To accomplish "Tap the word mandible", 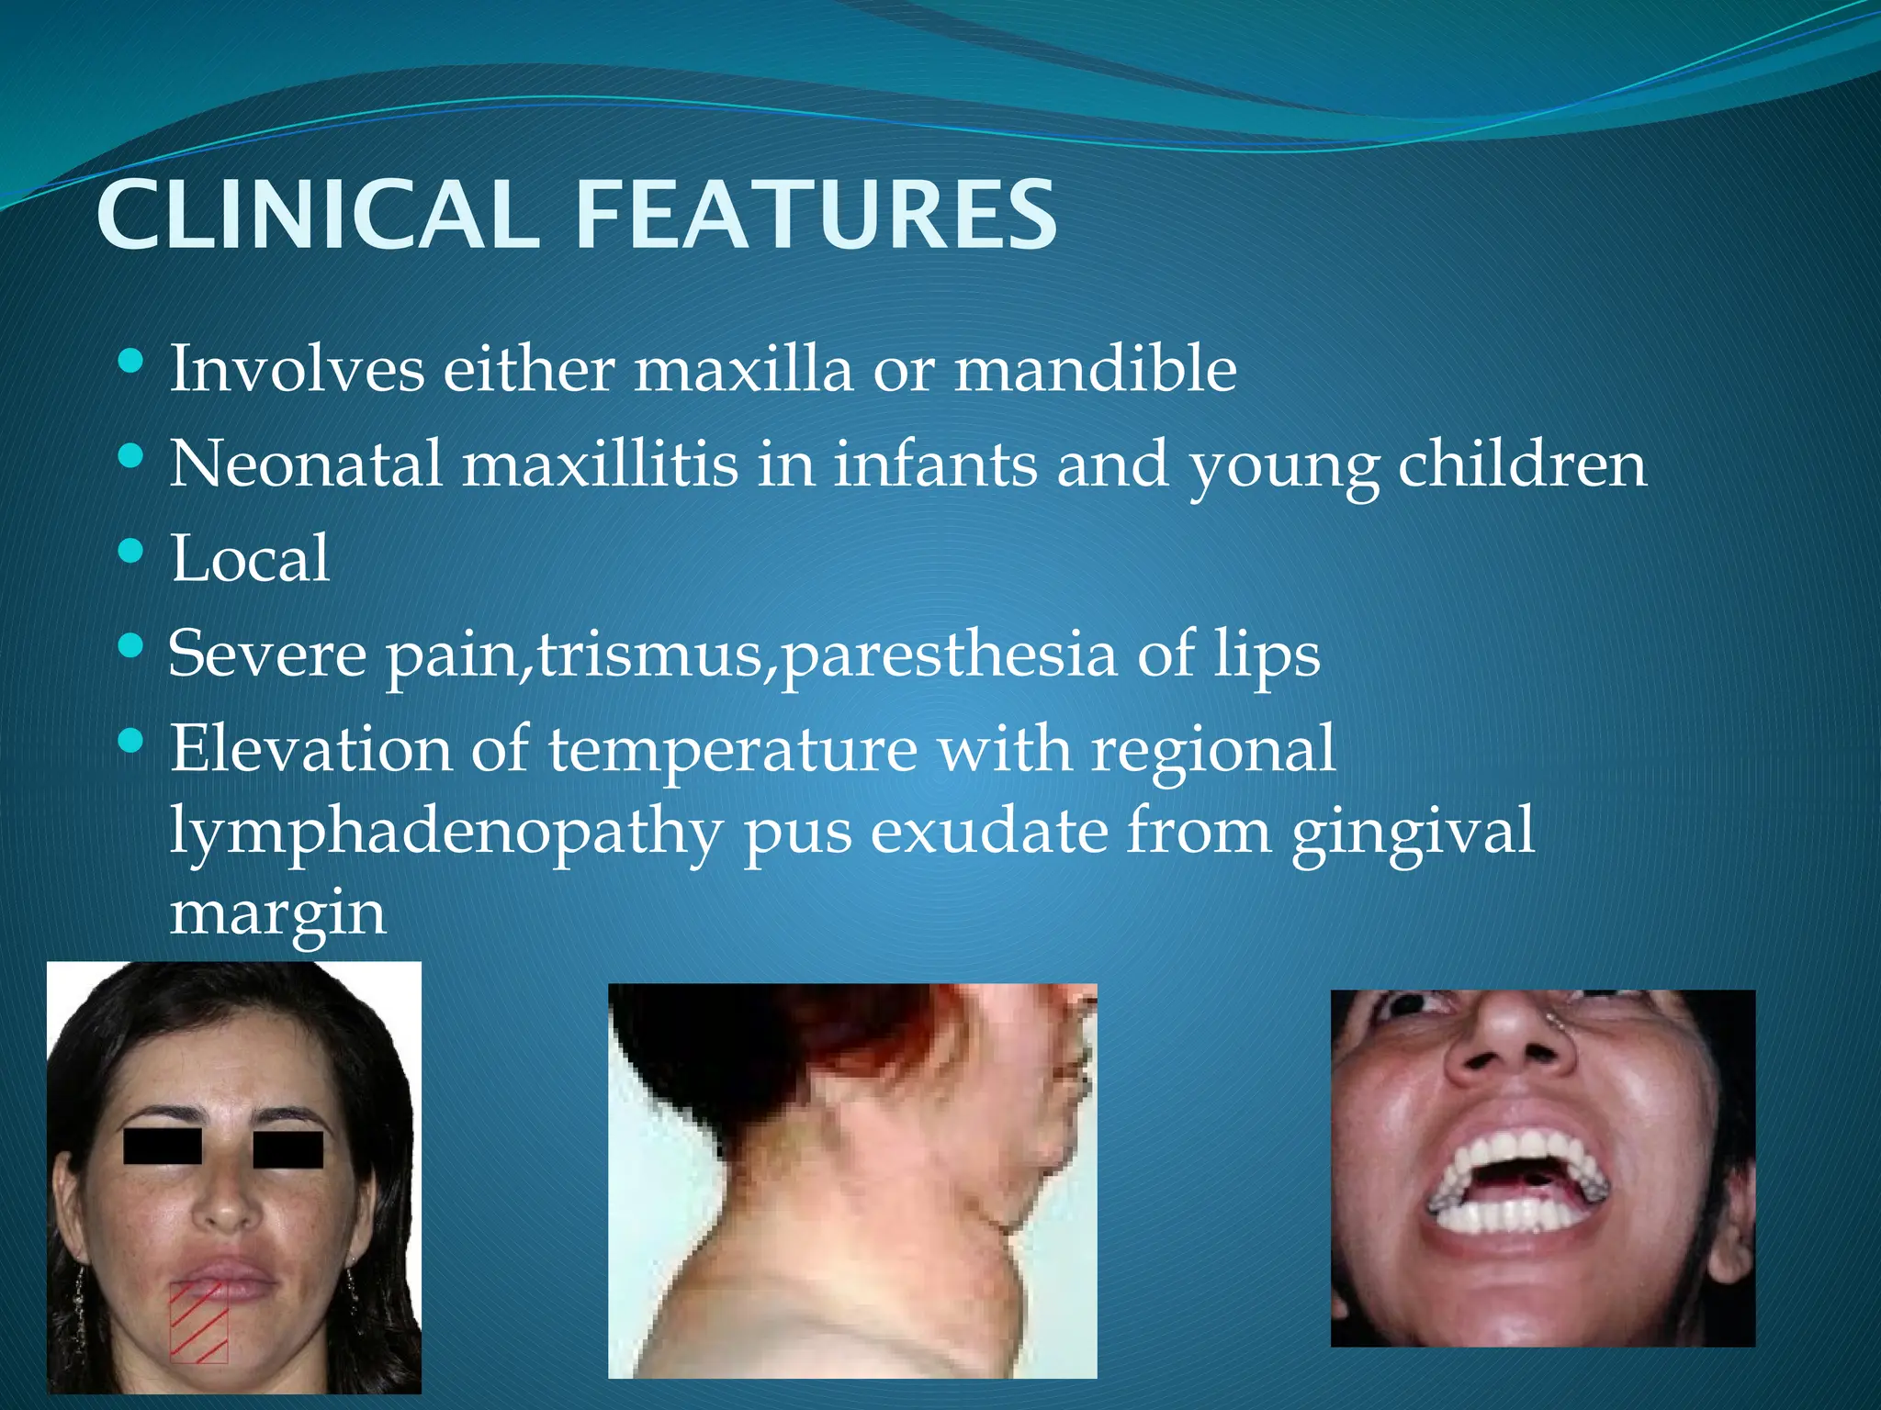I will (x=1095, y=369).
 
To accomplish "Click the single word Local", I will (x=249, y=559).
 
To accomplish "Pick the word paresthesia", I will (x=949, y=655).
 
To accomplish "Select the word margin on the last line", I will (x=277, y=914).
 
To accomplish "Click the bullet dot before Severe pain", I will (x=131, y=646).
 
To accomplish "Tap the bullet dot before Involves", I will (x=131, y=361).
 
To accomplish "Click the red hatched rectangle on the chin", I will (x=198, y=1322).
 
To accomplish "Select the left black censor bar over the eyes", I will (x=163, y=1147).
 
